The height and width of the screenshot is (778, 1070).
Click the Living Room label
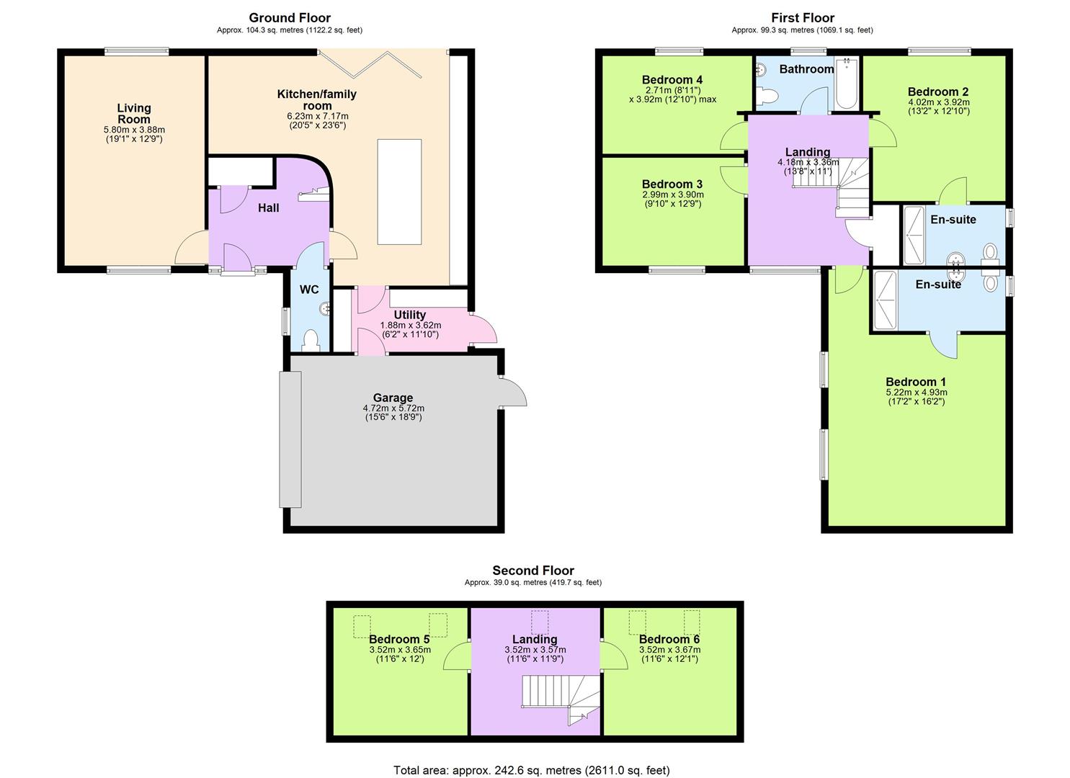pos(134,114)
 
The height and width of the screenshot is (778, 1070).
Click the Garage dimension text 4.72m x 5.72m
pos(393,408)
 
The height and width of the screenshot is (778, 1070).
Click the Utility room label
pos(409,315)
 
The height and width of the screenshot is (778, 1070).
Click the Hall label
pos(269,208)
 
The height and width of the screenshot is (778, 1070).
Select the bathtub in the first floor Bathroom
pos(846,83)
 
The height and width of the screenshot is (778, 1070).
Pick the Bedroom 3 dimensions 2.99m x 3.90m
pos(672,194)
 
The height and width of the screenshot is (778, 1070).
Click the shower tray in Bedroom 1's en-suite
pos(884,300)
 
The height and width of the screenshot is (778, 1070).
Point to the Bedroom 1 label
pos(915,382)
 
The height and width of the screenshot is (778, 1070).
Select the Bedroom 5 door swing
pos(457,656)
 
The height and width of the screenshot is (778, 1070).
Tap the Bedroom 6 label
pos(669,639)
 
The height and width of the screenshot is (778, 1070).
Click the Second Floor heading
pos(533,571)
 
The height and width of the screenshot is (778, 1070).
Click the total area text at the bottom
pos(531,770)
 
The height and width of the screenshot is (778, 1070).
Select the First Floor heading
pos(802,18)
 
